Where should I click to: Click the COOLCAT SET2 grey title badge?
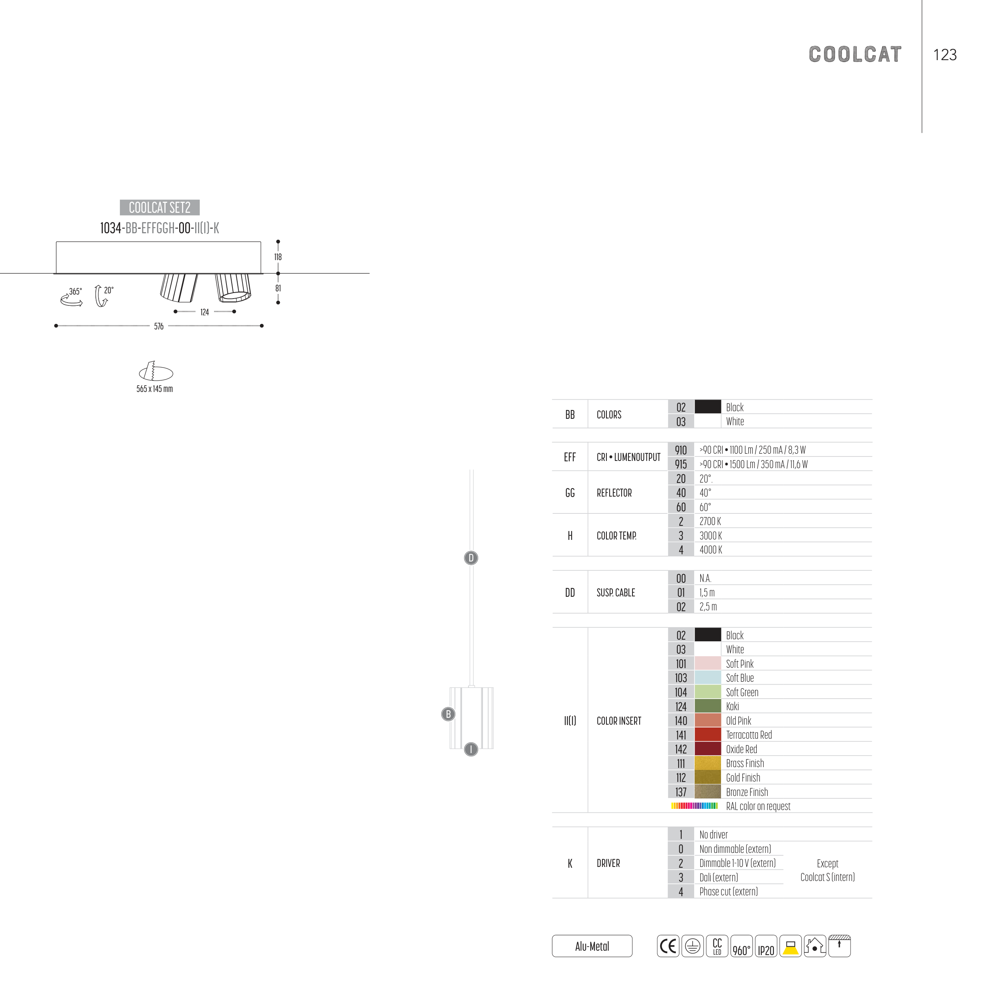[160, 208]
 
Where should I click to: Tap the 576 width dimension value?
[159, 326]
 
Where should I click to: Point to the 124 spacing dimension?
[204, 312]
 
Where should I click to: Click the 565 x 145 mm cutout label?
[155, 389]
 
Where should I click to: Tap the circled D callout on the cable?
[471, 558]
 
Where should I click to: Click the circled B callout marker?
[448, 714]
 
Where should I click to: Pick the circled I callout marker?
[471, 749]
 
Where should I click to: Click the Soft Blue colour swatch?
[707, 678]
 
